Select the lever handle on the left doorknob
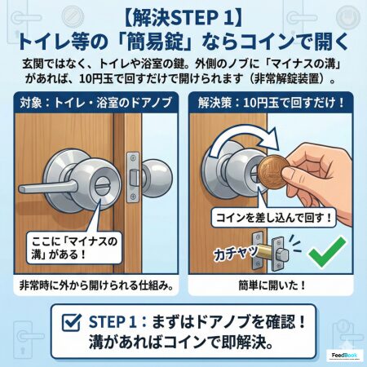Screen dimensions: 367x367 [x=47, y=187]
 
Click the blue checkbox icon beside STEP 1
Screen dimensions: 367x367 [x=72, y=322]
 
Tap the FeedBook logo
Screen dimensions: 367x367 [x=344, y=355]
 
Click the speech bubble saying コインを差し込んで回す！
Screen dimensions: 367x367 [x=274, y=218]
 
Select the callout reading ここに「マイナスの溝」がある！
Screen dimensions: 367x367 [x=74, y=248]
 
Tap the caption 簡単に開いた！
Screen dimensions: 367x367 [x=272, y=285]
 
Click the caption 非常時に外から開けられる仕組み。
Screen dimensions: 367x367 [x=96, y=285]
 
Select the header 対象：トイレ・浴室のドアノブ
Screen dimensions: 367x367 [x=96, y=103]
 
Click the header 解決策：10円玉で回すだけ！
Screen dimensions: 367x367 [x=271, y=103]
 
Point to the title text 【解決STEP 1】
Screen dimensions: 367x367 [x=183, y=19]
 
